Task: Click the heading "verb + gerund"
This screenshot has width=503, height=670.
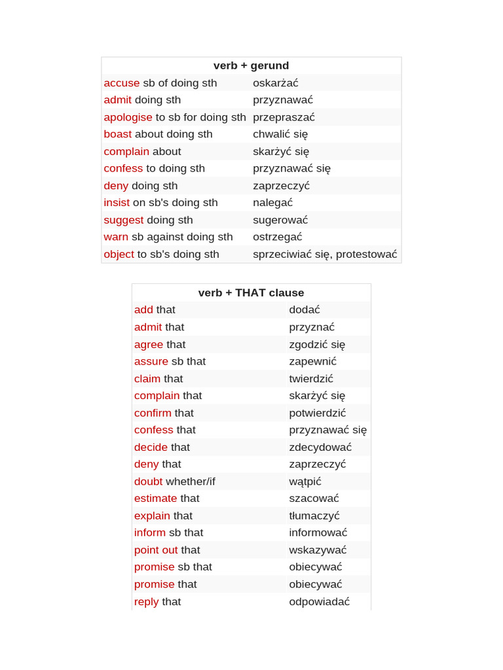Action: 251,65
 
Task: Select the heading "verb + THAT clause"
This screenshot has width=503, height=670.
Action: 251,292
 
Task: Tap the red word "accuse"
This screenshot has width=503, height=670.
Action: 121,82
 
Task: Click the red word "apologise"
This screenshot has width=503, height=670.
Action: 128,117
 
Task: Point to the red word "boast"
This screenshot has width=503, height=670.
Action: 117,134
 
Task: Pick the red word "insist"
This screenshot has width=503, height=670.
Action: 117,202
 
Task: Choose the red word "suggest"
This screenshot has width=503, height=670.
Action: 123,220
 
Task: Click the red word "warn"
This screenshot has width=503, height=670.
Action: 116,237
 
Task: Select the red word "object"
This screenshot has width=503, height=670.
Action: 119,254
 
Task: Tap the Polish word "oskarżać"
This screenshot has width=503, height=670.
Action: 275,82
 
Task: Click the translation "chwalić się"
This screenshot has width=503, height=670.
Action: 280,134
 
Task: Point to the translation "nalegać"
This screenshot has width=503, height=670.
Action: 272,202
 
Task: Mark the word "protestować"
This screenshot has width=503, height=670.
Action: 366,254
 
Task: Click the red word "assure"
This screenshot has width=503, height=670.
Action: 151,361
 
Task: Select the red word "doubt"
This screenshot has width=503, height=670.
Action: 148,482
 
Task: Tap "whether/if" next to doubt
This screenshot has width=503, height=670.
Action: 190,482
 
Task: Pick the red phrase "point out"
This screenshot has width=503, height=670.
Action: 156,550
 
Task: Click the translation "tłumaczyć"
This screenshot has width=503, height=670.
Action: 314,516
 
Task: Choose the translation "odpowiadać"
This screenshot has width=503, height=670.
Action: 319,601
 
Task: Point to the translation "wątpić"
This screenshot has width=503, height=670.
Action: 305,482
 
